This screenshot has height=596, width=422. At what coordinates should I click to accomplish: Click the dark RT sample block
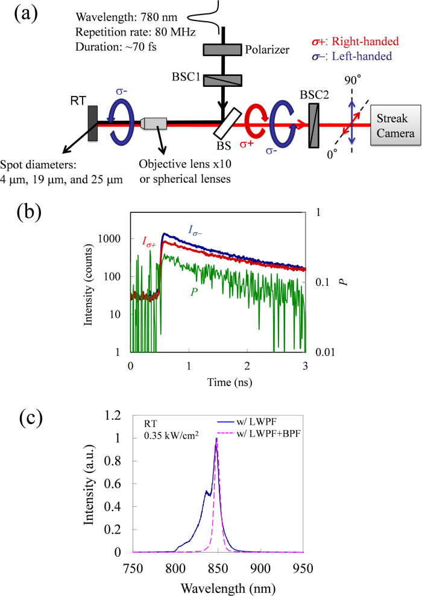(x=92, y=124)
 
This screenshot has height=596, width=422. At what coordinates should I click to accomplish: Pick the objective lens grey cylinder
(x=156, y=123)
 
